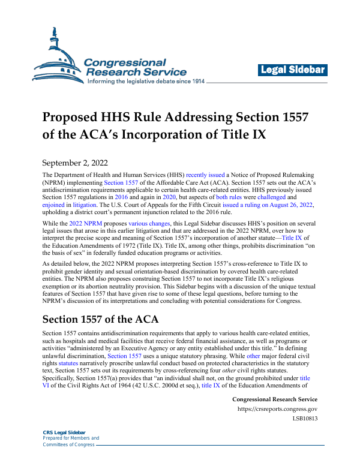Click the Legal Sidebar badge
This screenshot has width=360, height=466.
pos(293,71)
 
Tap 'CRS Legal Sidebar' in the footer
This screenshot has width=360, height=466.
pos(64,432)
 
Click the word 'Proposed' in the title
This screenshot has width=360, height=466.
pos(75,116)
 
